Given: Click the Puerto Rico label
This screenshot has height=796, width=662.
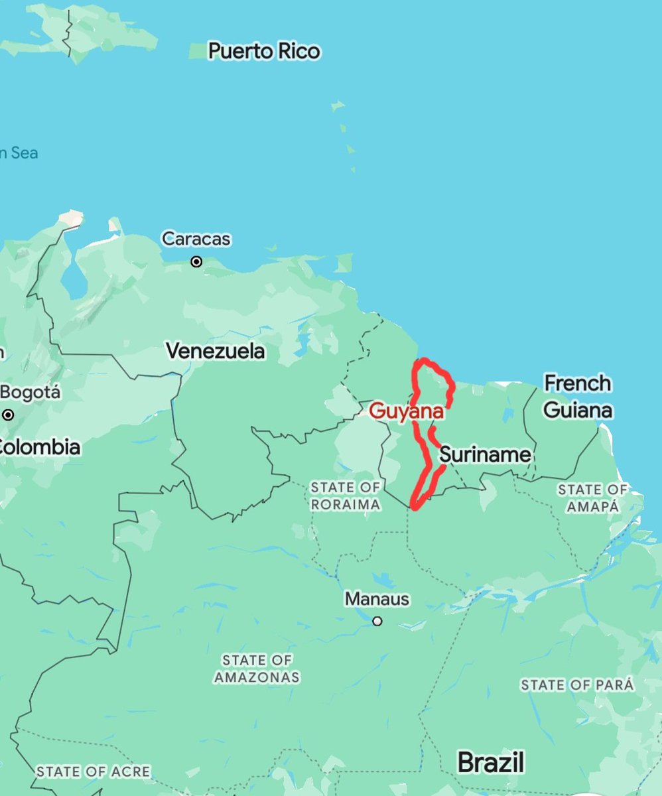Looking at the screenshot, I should [264, 51].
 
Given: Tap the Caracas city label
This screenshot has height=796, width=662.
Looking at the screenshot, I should [196, 239].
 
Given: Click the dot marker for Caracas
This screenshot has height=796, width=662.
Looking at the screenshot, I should [196, 262].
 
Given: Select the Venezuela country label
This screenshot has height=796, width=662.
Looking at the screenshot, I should [216, 351].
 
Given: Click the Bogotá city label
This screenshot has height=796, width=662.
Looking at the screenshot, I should [31, 393].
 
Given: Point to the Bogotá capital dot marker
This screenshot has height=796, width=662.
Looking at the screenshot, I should [8, 415].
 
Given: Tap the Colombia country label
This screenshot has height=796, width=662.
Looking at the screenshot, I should [40, 447].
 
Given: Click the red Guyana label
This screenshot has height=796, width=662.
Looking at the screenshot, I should [406, 411].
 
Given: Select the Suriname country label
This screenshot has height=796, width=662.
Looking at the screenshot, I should [485, 455].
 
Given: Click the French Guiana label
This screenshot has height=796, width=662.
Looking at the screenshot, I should [577, 397].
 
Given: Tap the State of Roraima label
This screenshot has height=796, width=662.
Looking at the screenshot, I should [346, 496].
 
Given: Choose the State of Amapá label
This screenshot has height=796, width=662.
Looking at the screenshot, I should [592, 498].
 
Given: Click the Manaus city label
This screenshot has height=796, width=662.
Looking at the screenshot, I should [377, 600].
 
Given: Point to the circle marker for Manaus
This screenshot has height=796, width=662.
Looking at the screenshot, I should [377, 622].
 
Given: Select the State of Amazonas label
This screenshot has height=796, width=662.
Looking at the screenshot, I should [257, 669].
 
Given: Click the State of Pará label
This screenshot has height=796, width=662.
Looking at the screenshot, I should [577, 685].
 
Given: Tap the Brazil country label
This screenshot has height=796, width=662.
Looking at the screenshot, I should [491, 762].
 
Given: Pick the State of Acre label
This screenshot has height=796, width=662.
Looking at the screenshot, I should [93, 772].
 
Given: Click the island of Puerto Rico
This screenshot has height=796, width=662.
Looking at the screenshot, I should [198, 50].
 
